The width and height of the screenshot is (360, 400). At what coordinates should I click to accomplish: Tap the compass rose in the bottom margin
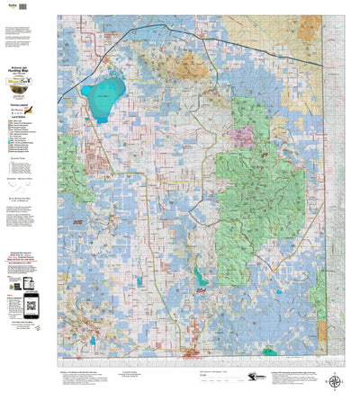coord(335,381)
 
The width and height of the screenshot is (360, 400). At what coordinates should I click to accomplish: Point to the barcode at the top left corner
coord(12,7)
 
